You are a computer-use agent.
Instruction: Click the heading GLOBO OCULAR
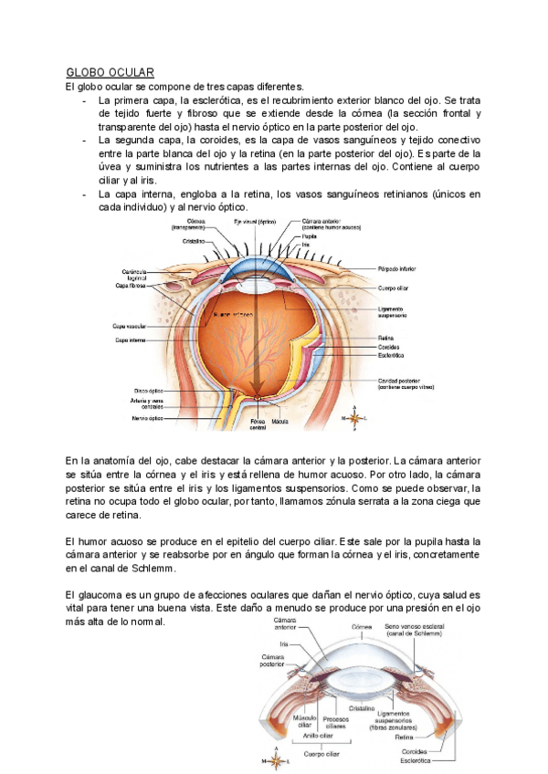click(x=110, y=71)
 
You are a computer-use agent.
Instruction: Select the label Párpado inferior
click(x=398, y=269)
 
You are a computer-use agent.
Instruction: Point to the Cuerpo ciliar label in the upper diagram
click(x=394, y=288)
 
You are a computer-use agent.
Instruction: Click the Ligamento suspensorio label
click(x=394, y=311)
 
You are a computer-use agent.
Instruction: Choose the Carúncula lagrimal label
click(x=134, y=275)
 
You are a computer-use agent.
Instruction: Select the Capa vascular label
click(x=131, y=325)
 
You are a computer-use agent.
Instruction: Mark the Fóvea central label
click(x=258, y=424)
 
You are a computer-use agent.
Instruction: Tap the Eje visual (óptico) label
click(x=254, y=222)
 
